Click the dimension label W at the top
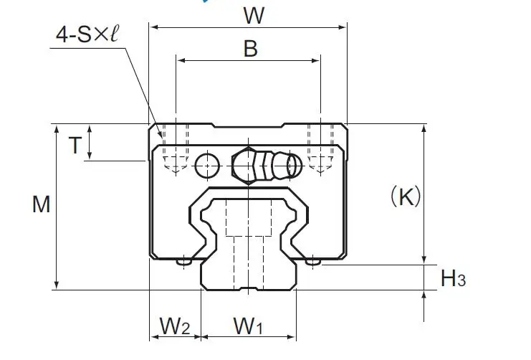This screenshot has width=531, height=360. pos(254,16)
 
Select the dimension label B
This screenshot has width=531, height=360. pos(251,49)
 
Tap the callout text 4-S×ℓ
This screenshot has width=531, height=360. pos(87,34)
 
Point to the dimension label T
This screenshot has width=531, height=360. pos(75,146)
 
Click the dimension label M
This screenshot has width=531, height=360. pos(42,204)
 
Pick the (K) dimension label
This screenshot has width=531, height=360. pos(406,196)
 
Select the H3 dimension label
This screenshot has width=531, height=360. pos(453,278)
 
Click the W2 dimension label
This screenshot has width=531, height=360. pos(175,326)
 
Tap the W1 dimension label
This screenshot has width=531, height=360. pos(248,326)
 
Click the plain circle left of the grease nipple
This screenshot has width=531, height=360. pos(207,166)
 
